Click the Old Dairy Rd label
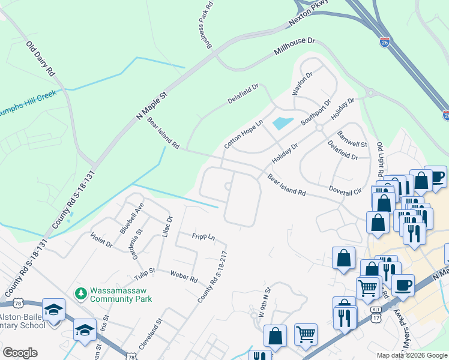[40, 58]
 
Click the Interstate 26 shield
[385, 42]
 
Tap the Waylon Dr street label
[303, 83]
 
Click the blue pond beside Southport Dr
[283, 124]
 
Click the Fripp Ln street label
[203, 236]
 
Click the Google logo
[20, 353]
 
